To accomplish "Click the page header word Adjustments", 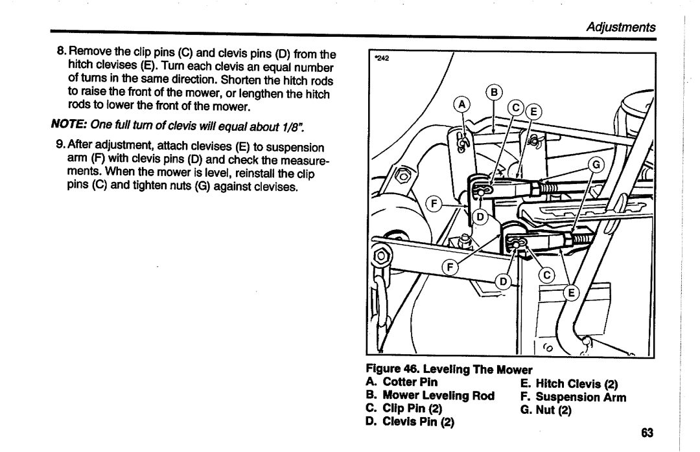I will pos(622,27).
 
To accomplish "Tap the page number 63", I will pos(647,434).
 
